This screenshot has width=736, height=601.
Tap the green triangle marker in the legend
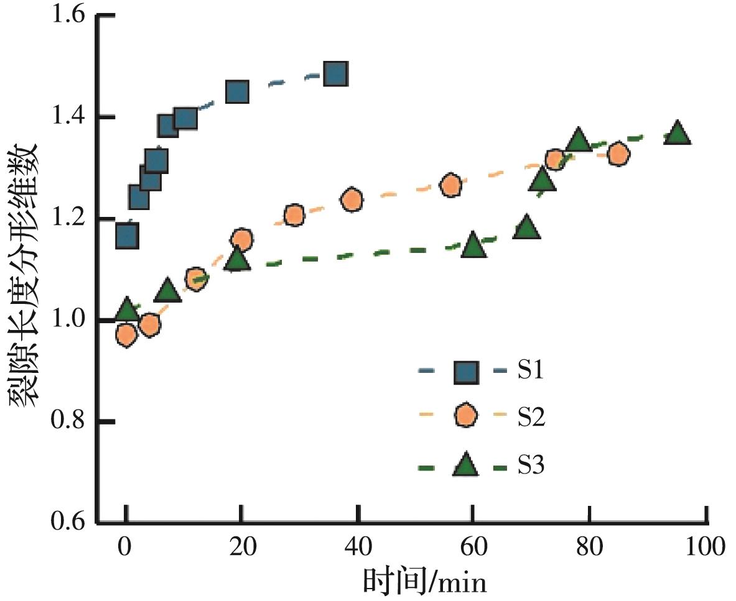(x=465, y=466)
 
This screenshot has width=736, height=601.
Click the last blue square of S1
(x=335, y=74)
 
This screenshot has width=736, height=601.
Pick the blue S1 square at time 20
(x=238, y=92)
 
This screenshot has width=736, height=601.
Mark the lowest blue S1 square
(x=127, y=236)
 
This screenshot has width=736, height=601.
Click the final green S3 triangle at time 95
(x=677, y=134)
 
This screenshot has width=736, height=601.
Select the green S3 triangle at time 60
(x=473, y=246)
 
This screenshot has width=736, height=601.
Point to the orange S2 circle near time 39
(x=352, y=200)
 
